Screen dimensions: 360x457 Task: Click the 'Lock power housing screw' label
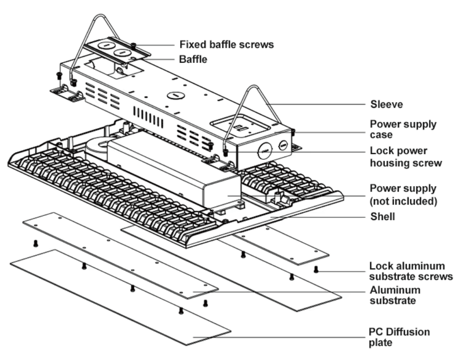pos(405,157)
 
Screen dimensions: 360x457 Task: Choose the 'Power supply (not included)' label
pos(402,193)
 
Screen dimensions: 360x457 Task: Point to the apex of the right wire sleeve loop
pos(256,88)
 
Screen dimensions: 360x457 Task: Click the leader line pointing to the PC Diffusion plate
pos(294,337)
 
